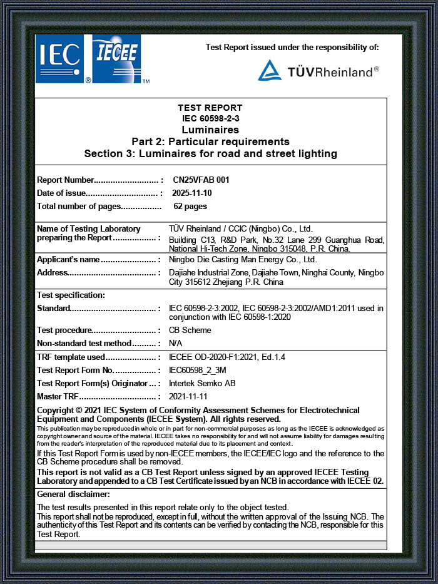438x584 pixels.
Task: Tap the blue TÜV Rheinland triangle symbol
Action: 270,71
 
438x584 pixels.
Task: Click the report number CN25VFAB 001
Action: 201,180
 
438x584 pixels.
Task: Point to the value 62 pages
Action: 190,206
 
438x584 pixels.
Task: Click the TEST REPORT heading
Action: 210,108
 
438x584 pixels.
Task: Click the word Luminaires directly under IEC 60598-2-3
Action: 210,130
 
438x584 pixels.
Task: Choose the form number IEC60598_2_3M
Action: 198,370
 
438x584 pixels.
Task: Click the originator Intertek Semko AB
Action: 202,383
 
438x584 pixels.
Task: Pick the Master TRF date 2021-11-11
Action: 188,396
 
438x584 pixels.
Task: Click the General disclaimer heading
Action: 73,494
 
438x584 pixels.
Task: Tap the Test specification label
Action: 71,295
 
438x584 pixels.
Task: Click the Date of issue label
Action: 61,193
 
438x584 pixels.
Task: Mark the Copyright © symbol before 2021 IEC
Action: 79,411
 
